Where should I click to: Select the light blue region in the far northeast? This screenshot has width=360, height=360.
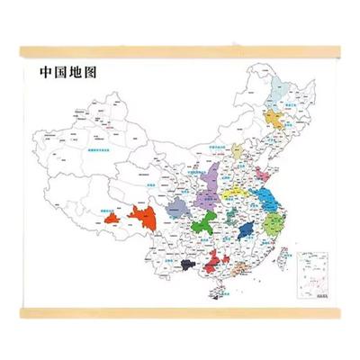tap(280, 87)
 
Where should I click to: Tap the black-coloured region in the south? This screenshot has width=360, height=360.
tap(188, 264)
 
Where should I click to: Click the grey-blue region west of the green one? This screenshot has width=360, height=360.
tap(175, 209)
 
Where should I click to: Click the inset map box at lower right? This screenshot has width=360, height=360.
tap(315, 269)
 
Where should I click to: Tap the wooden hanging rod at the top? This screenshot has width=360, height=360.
tap(180, 55)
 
